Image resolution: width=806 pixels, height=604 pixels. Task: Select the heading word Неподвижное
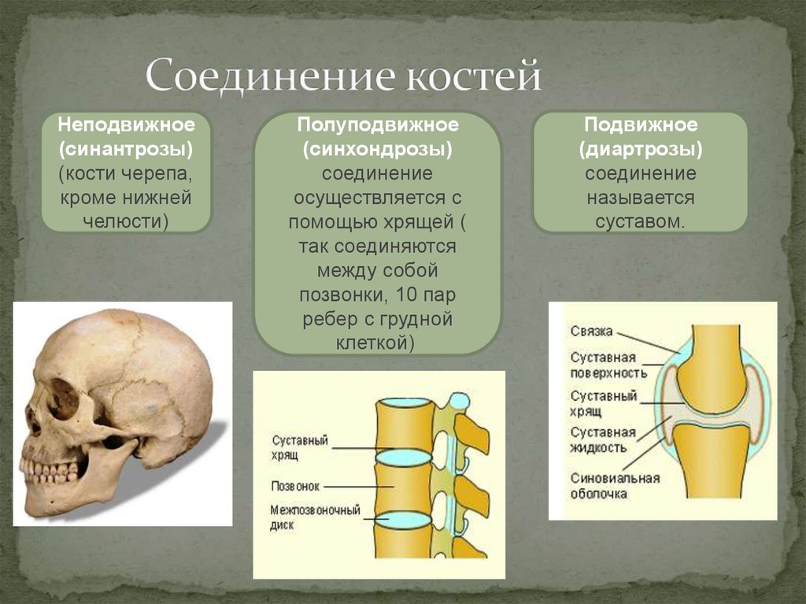[x=127, y=125]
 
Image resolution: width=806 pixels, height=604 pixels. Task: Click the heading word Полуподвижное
[x=378, y=125]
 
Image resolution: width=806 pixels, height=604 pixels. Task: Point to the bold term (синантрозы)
[x=126, y=150]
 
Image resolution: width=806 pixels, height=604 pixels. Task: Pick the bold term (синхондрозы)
[x=378, y=150]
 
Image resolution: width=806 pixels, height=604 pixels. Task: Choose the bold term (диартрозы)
[x=641, y=150]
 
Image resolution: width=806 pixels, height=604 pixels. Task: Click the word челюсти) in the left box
[x=126, y=222]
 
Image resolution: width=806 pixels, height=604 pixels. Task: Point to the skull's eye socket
[x=63, y=398]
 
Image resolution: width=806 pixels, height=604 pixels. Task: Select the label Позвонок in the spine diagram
[x=296, y=486]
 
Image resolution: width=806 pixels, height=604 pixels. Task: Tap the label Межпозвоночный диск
[x=315, y=517]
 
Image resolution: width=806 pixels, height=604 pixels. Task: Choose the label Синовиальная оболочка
[x=615, y=486]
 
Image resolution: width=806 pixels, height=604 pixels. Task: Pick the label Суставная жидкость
[x=602, y=440]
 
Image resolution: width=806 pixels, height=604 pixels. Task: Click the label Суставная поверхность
[x=608, y=365]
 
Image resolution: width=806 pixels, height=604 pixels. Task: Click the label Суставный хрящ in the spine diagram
[x=300, y=447]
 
